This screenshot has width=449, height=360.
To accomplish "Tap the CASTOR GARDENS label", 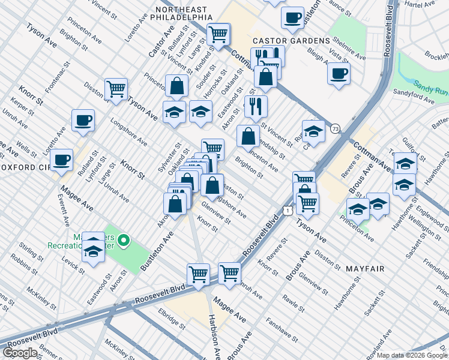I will coord(291,40).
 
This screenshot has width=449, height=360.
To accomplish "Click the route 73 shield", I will coord(335,128).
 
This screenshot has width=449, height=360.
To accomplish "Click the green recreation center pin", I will coord(124,241).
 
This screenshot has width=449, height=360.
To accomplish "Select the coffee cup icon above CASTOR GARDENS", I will coord(292,17).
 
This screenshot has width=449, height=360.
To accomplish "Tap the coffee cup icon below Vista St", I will coord(339,74).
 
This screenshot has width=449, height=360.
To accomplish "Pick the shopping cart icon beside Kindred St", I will coord(218,34).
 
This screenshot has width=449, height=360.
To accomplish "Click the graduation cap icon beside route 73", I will coord(313,130).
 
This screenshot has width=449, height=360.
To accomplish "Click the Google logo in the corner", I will coord(20,353).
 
